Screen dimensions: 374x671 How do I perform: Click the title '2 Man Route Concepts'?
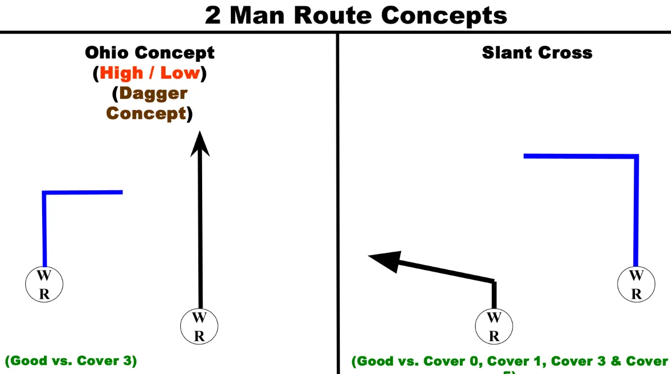pos(355,15)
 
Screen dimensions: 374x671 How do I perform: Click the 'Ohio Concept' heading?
pos(149,53)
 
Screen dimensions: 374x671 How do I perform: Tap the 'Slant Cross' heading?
pos(537,53)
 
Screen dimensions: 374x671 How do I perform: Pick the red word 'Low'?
pos(181,73)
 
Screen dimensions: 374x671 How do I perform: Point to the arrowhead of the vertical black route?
pos(199,143)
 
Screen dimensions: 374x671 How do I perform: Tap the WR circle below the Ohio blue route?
pos(44,285)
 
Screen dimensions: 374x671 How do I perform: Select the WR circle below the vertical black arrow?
pos(199,326)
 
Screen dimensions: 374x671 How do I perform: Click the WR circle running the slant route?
pos(494,326)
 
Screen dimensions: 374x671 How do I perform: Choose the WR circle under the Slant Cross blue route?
pos(636,285)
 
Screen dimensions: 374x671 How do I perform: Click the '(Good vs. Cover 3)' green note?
pos(71,361)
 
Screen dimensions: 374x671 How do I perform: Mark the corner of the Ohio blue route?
pos(44,193)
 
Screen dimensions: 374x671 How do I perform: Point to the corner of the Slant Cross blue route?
pos(636,157)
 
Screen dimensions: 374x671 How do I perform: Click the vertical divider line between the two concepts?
pos(337,202)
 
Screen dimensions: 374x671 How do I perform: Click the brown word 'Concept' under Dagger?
pos(146,113)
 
